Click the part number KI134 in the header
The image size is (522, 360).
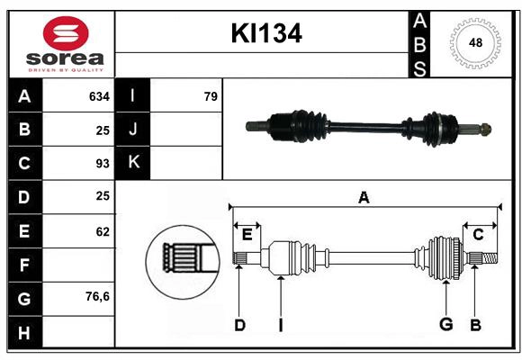(265, 34)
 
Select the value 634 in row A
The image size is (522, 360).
(98, 96)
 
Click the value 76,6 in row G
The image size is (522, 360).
(96, 296)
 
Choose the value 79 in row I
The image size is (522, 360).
(211, 96)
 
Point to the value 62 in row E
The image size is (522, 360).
(102, 231)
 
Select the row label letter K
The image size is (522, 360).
(133, 162)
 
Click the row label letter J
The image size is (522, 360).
(133, 130)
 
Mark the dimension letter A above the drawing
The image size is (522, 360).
(364, 198)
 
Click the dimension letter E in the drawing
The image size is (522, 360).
(247, 235)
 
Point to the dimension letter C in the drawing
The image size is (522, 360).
(478, 235)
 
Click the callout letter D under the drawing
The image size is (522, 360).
(239, 325)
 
